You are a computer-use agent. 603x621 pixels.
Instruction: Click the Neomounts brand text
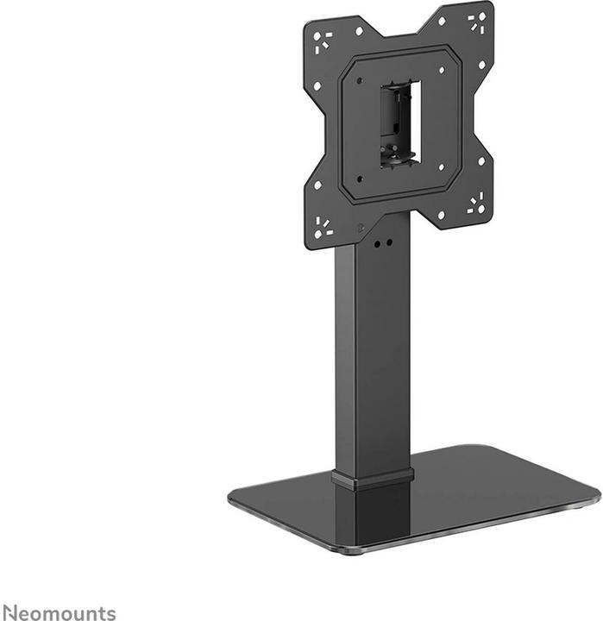click(x=58, y=613)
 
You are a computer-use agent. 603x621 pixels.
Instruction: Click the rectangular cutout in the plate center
click(x=399, y=122)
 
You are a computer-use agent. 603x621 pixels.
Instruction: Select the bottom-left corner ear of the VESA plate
click(x=322, y=227)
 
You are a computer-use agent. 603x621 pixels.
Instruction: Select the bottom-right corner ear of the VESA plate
click(x=476, y=204)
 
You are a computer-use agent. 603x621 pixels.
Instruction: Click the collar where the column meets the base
click(x=373, y=480)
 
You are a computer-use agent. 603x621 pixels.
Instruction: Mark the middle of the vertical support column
click(x=373, y=354)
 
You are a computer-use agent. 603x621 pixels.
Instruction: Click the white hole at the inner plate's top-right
click(x=441, y=70)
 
